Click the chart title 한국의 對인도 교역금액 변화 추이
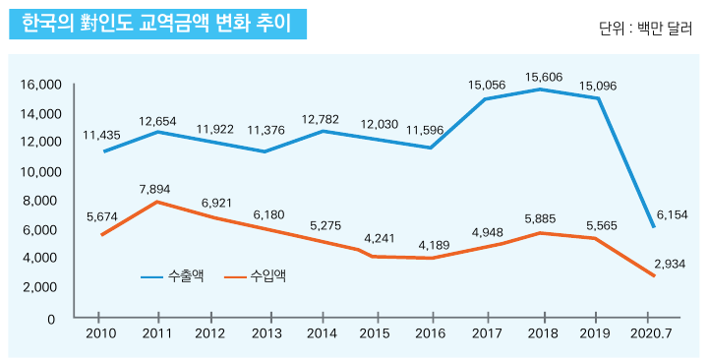[x=156, y=23]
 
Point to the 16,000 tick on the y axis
[x=40, y=85]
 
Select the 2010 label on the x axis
[x=101, y=334]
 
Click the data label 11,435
[x=101, y=135]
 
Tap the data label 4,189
[x=433, y=244]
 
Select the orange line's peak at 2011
[x=158, y=202]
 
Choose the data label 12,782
[x=322, y=119]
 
